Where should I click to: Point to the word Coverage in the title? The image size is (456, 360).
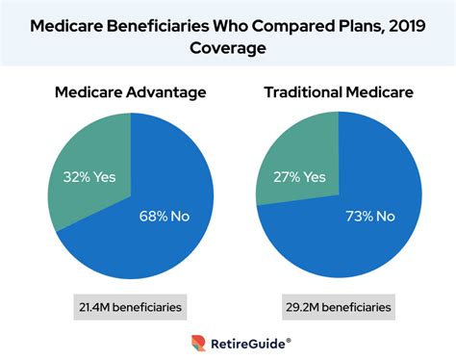[228, 46]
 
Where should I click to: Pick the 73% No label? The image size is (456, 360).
[373, 218]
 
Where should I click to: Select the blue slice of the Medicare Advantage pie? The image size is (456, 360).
[154, 241]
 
